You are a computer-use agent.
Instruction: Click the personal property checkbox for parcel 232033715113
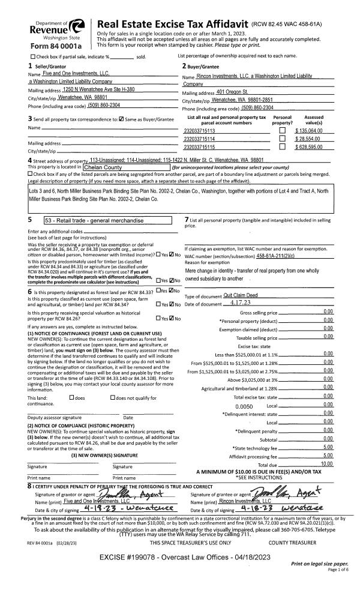[283, 130]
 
